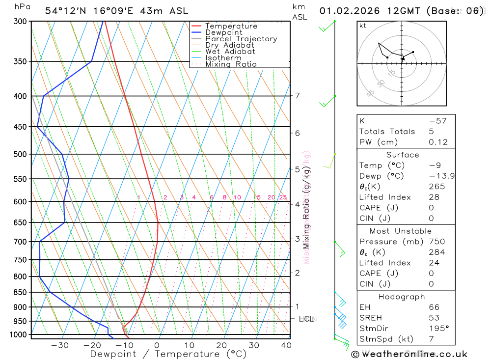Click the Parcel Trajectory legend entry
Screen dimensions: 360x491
241,39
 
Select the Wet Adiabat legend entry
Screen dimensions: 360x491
230,52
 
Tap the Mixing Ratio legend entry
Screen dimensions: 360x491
231,64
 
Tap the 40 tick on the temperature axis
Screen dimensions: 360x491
286,345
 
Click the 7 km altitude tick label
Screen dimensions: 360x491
297,95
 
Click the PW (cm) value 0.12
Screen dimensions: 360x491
438,142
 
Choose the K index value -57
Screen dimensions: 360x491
437,121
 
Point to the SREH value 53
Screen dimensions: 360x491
434,318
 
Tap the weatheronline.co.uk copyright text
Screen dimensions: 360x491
409,354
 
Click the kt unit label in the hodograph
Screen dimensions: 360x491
363,26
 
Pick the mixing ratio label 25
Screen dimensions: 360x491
283,197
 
